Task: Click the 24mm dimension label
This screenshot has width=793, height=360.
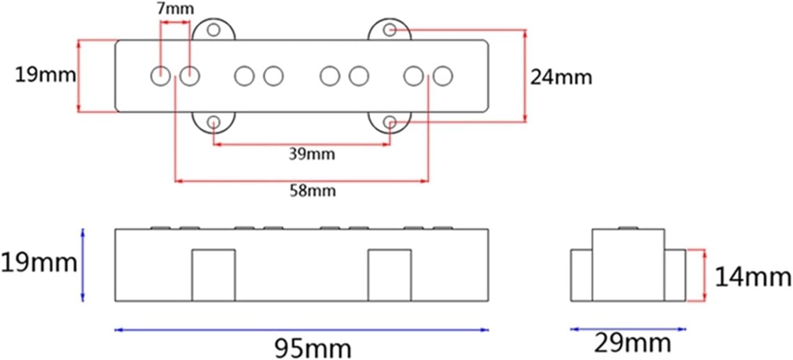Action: tap(561, 77)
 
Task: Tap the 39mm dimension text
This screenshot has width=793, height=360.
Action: tap(312, 154)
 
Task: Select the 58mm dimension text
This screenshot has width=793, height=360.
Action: tap(312, 191)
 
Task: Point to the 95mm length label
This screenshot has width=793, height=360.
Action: tap(312, 347)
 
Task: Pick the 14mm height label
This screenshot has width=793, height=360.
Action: tap(753, 278)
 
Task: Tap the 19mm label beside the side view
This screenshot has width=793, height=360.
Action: tap(38, 263)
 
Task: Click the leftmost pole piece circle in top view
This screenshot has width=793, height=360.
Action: tap(160, 76)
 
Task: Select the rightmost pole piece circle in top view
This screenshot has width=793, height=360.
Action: tap(443, 76)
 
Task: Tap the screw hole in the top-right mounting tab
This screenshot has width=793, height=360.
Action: tap(390, 30)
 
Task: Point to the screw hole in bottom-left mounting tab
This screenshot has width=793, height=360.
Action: tap(214, 122)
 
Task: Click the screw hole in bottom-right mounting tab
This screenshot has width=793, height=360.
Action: tap(390, 122)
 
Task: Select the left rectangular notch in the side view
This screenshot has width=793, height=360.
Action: tap(213, 275)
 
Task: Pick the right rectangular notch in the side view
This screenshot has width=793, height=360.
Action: tap(389, 275)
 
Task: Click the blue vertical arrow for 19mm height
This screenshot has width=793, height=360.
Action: tap(83, 265)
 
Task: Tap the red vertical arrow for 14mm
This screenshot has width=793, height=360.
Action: tap(705, 275)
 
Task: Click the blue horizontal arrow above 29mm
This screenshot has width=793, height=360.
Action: tap(628, 329)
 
